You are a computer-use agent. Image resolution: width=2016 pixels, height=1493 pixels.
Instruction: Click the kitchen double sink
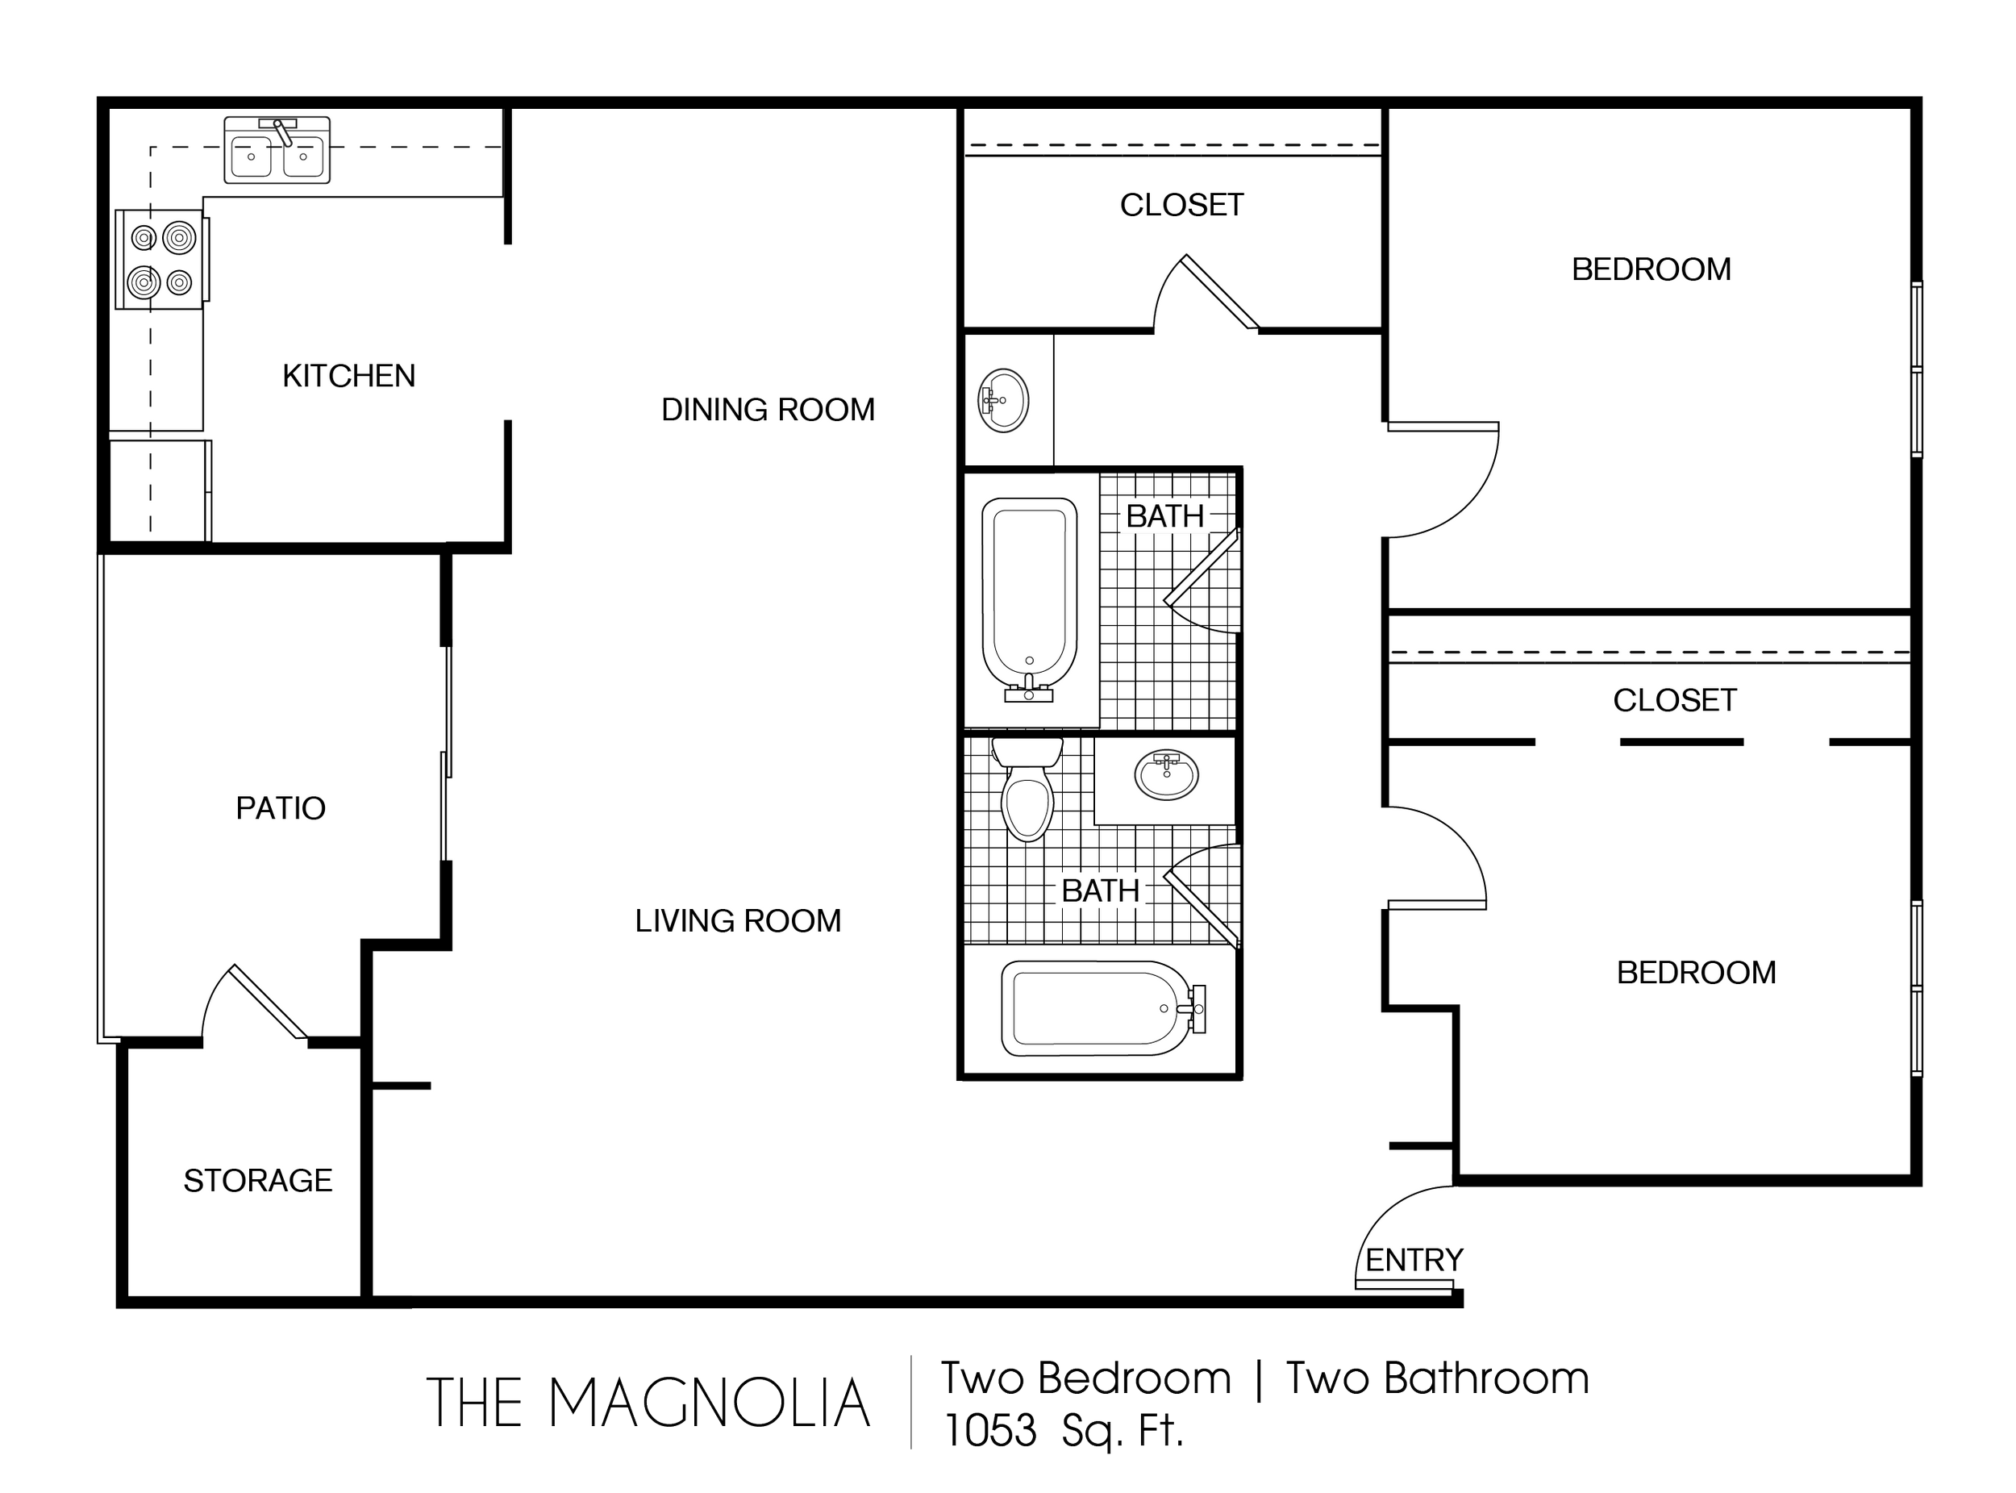(x=277, y=150)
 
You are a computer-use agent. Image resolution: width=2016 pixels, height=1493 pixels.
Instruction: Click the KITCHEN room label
(x=349, y=376)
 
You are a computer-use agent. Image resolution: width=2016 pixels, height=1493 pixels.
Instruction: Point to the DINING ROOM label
(x=768, y=410)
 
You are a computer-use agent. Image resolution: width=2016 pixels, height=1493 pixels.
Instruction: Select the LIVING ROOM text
(x=739, y=921)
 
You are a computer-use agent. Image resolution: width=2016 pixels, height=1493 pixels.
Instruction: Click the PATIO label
(x=281, y=808)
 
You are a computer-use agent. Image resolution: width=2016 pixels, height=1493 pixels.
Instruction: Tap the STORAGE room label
(x=258, y=1180)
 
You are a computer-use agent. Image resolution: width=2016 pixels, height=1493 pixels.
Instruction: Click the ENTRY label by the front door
(x=1414, y=1260)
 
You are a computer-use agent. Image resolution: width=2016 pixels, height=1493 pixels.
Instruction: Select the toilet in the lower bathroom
(x=1027, y=789)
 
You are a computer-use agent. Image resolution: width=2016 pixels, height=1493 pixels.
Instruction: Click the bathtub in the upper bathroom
(x=1030, y=599)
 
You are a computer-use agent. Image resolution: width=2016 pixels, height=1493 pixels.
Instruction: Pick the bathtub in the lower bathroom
(x=1102, y=1008)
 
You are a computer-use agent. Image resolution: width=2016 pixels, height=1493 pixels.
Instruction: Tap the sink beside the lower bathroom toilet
(x=1167, y=775)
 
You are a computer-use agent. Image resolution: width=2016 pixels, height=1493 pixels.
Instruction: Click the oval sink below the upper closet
(x=1003, y=400)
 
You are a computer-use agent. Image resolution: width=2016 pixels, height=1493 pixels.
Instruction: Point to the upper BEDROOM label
(x=1652, y=269)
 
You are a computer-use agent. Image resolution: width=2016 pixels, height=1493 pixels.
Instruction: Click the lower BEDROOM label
(x=1697, y=973)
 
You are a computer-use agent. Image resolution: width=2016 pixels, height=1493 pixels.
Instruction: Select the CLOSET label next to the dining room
(x=1182, y=205)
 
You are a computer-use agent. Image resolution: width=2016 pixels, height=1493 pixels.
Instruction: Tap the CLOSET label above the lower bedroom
(x=1676, y=700)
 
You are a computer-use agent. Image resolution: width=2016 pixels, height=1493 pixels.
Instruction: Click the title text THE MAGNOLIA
(x=648, y=1403)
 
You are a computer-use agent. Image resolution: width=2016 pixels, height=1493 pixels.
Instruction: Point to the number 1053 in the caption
(x=990, y=1431)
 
